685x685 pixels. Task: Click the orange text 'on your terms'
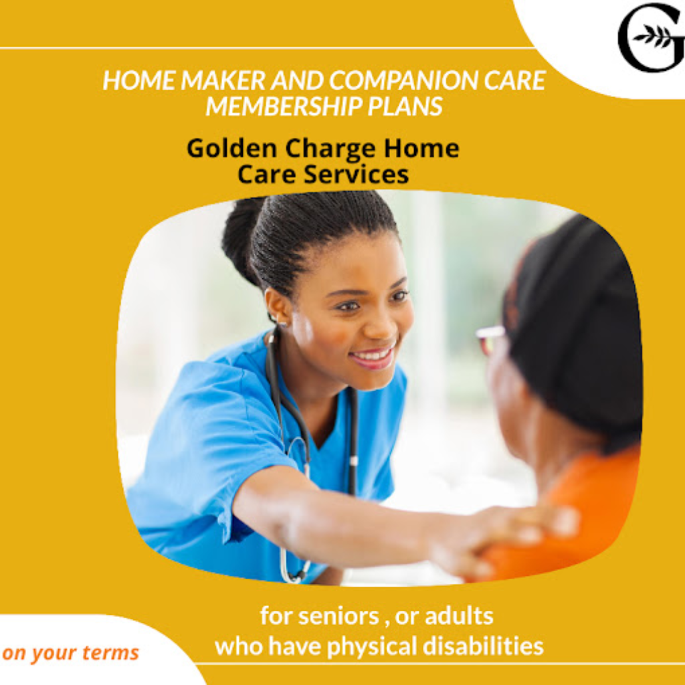pyautogui.click(x=70, y=653)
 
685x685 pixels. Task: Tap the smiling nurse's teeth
pyautogui.click(x=374, y=355)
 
